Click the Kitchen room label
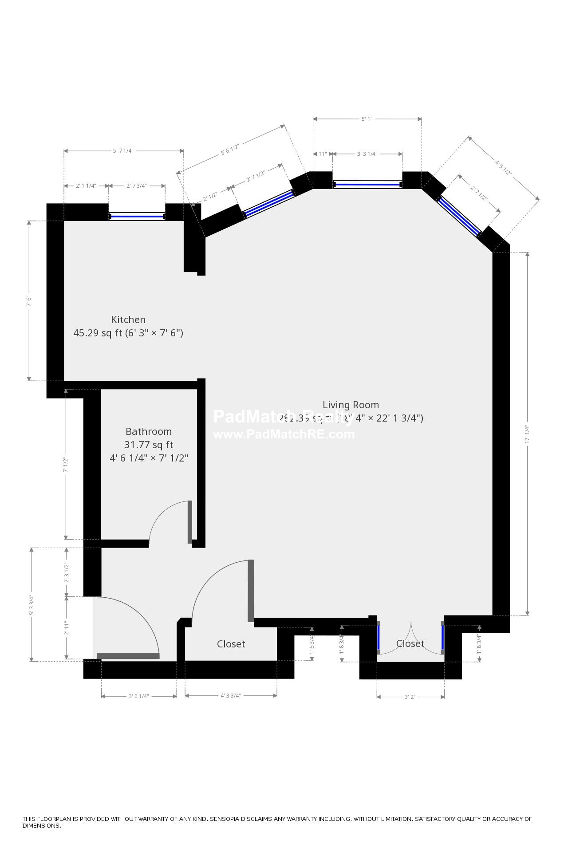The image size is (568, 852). point(128,319)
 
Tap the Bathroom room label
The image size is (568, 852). point(149,431)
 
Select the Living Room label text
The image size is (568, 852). point(351,405)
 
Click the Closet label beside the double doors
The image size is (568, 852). point(410,643)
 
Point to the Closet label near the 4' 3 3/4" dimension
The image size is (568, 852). point(231,644)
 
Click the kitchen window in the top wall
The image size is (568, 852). point(137,217)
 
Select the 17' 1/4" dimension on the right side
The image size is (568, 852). point(527,434)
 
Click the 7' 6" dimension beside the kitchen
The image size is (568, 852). point(29,301)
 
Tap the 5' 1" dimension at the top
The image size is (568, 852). point(367,119)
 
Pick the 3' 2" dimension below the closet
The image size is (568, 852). point(410,697)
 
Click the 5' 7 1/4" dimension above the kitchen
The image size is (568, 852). point(123,151)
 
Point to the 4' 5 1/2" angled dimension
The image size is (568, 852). point(504,168)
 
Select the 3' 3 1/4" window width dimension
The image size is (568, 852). point(367,154)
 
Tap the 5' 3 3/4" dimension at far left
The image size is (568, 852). point(31,605)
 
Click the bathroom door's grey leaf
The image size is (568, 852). point(190,522)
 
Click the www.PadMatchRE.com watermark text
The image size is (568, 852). point(284,434)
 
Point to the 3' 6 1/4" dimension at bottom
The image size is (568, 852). point(138,696)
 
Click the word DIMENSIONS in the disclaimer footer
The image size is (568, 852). point(42,826)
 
